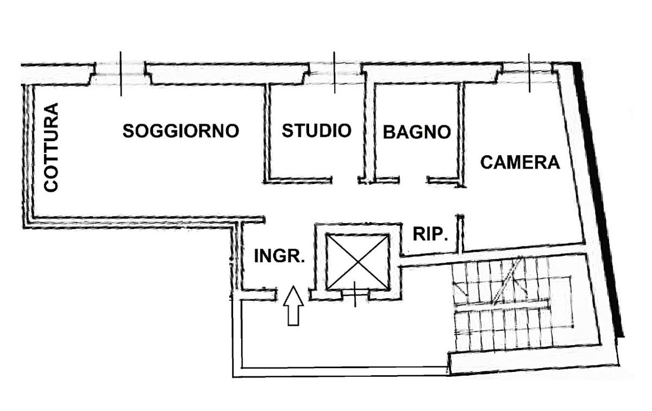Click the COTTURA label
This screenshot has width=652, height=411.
(51, 147)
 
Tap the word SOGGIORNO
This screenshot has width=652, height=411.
(181, 131)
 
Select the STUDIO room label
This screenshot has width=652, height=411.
(316, 130)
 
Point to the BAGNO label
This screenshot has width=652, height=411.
(417, 132)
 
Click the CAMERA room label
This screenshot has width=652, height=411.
(520, 162)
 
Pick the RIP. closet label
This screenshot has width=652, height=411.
(430, 234)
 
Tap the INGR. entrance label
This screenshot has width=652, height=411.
(279, 256)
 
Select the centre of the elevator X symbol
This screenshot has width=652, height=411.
(358, 262)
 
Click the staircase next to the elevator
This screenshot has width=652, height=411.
(511, 307)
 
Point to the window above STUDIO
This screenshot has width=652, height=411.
(334, 72)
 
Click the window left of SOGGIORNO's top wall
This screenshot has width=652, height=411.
(120, 73)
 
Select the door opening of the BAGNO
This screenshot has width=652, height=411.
(413, 180)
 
